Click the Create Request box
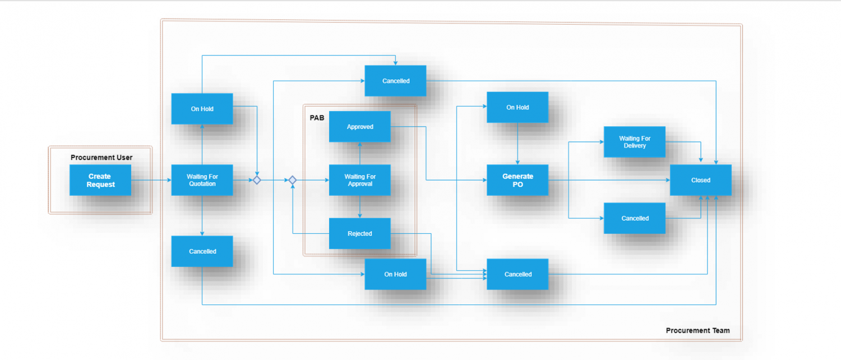(x=100, y=180)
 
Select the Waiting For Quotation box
(x=202, y=180)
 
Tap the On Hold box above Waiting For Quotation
(x=202, y=109)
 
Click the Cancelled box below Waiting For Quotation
(x=202, y=251)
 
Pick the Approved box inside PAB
(x=359, y=127)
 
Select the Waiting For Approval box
(x=359, y=180)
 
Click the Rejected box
(x=359, y=233)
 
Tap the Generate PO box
(x=517, y=180)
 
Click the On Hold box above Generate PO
(x=517, y=107)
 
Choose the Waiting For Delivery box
(x=635, y=142)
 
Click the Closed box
(x=700, y=180)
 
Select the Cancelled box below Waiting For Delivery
(x=635, y=218)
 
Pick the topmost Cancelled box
(x=395, y=81)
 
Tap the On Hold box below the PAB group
(x=395, y=274)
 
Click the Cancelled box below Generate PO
(x=517, y=274)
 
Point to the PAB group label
(x=317, y=118)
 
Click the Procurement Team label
(x=697, y=330)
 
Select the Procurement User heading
(x=101, y=158)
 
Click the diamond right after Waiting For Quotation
(x=257, y=180)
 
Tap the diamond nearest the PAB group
(x=292, y=180)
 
